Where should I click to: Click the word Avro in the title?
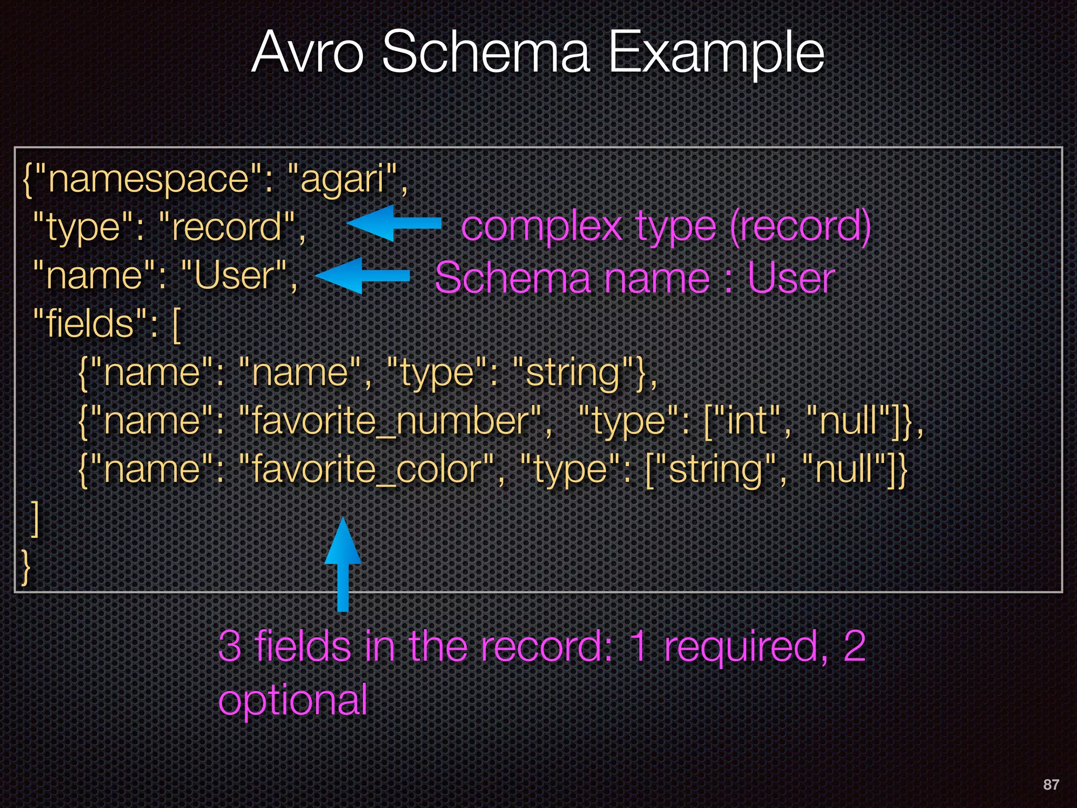point(308,53)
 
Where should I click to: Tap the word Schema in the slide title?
point(486,53)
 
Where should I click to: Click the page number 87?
point(1051,784)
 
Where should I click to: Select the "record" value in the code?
point(226,227)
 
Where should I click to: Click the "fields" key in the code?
point(90,323)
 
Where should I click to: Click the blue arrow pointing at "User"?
point(361,275)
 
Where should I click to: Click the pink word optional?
point(292,700)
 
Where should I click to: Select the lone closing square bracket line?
point(35,519)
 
